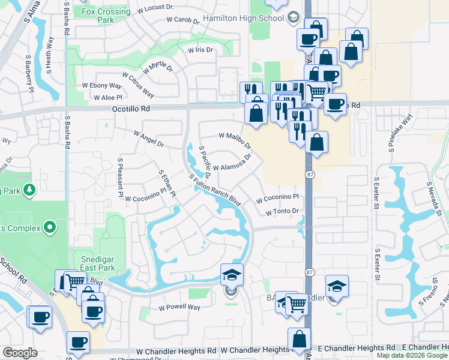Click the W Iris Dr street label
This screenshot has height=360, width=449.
point(200,50)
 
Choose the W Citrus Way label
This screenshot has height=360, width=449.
point(138,85)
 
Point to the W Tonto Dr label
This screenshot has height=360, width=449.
point(282,211)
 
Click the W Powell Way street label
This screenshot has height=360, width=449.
point(179,307)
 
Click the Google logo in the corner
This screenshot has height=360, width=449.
point(20,353)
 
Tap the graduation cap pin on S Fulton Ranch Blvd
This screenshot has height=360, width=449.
point(232,275)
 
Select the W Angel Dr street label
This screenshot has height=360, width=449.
point(148,139)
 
